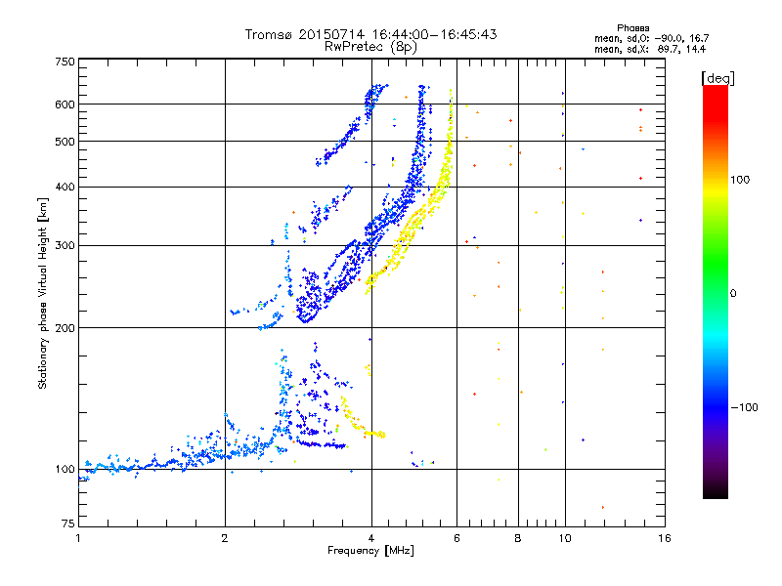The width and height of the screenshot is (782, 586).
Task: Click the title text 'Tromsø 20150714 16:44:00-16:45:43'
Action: click(x=370, y=34)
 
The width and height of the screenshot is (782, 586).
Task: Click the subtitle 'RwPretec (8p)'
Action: click(x=370, y=46)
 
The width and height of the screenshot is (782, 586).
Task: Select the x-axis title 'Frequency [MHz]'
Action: click(x=370, y=553)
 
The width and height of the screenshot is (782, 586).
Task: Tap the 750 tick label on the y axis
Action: click(x=65, y=62)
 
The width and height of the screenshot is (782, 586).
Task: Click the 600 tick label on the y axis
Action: click(x=65, y=105)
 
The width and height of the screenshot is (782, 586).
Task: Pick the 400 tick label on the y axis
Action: click(x=65, y=187)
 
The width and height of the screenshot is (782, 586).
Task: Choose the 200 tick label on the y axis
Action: click(x=65, y=328)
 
